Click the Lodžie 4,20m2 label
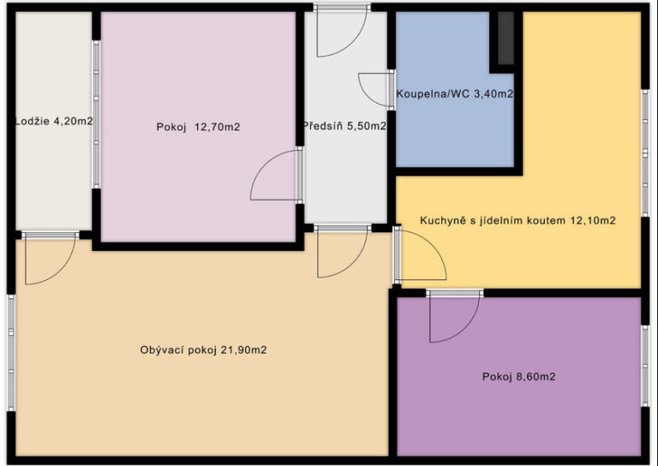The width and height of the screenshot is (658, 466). [x=54, y=122]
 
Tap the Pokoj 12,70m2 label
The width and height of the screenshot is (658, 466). [x=198, y=127]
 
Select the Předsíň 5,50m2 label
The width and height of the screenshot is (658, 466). [x=344, y=126]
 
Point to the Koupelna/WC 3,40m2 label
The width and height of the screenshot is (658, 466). [x=455, y=94]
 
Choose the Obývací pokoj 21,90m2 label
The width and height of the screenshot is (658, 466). [x=204, y=349]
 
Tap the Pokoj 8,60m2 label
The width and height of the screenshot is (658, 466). [x=518, y=377]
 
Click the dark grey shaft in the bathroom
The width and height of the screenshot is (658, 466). [x=505, y=39]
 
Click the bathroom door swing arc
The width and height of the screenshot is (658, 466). [x=374, y=90]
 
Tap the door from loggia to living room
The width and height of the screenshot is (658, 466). [x=50, y=258]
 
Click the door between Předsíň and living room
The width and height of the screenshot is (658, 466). [x=343, y=251]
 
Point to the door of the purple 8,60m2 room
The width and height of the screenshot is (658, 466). [x=454, y=316]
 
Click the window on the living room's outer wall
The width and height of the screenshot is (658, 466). [x=11, y=353]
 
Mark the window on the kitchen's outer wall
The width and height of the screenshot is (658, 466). [x=645, y=152]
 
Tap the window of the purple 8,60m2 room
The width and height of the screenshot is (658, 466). [x=645, y=366]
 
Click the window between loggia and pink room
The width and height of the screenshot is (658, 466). [x=97, y=114]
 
